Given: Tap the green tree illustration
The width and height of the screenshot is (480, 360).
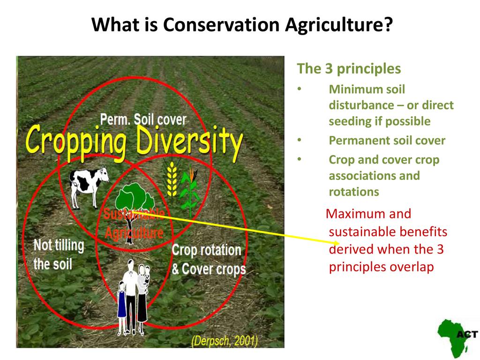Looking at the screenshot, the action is tap(134, 211).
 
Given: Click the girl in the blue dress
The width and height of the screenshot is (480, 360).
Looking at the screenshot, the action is tap(122, 307).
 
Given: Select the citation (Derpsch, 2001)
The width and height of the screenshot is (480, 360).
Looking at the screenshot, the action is tap(225, 340).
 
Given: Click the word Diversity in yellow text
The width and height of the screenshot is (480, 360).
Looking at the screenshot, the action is tap(189, 142).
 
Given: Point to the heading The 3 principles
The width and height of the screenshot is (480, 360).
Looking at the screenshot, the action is tap(349, 68).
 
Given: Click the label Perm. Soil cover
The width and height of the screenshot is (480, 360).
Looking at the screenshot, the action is tap(143, 120).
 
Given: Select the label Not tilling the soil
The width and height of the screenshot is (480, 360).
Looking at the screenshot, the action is tap(59, 255).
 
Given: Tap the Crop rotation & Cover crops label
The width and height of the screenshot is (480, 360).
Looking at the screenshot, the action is tap(209, 260).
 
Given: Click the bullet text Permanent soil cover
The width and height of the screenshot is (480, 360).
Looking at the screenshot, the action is tap(387, 141).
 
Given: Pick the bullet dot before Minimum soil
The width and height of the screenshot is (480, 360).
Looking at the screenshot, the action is tap(300, 89).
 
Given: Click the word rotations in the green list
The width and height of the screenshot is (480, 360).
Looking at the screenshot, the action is tap(354, 192).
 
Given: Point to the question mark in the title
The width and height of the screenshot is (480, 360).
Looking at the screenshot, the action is tap(388, 24).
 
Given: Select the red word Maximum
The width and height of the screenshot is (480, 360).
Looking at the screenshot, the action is tap(368, 214).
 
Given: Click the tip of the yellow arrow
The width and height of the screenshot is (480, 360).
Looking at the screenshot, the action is tap(339, 242).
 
